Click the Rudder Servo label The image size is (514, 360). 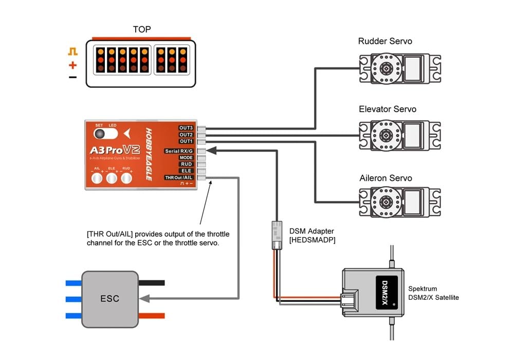[385, 41]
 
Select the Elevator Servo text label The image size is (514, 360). [388, 109]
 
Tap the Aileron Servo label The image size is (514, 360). [385, 178]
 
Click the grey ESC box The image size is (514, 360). [109, 298]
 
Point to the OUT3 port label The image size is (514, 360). [186, 128]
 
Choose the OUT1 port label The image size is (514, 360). [186, 141]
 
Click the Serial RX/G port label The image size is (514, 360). [179, 151]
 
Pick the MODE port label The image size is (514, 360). [186, 158]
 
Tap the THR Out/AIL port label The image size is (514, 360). [178, 177]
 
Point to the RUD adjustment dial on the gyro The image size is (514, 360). [127, 178]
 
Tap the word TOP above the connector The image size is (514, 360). [142, 29]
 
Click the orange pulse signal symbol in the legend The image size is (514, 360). [72, 51]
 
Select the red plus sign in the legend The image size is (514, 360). [72, 65]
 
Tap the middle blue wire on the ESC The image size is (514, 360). [74, 299]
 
